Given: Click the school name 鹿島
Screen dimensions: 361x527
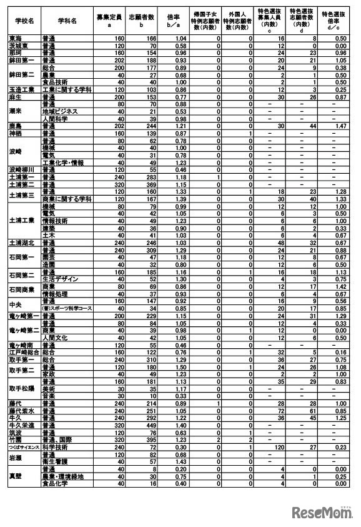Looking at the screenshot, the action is pos(17,126).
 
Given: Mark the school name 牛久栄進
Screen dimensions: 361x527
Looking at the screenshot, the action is pos(21,425).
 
